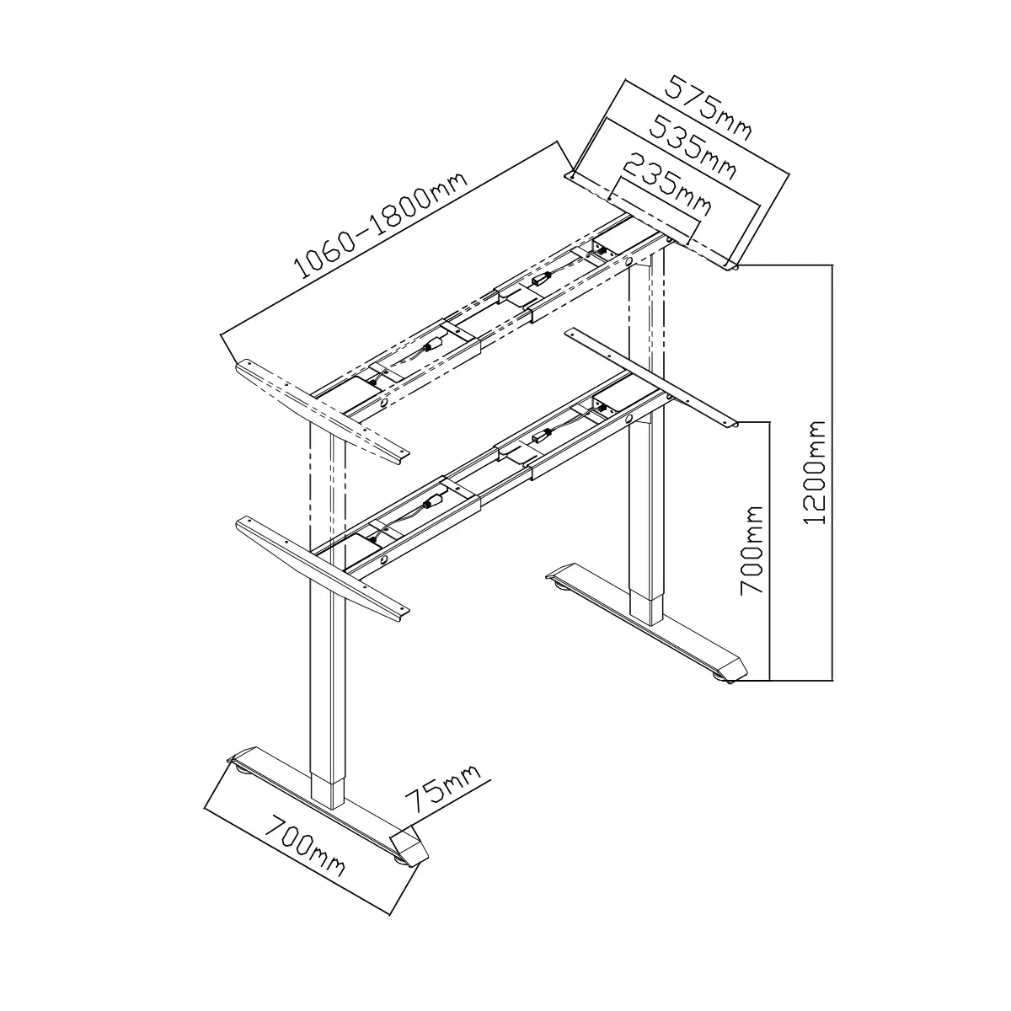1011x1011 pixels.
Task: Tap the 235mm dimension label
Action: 667,184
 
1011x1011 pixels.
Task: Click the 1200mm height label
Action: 815,472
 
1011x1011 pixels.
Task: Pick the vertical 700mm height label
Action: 752,550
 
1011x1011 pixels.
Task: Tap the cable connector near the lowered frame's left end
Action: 432,504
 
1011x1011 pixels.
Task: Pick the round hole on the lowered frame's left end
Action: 384,559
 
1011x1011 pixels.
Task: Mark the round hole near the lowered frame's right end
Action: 629,418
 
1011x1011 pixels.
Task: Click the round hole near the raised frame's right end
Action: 629,260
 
